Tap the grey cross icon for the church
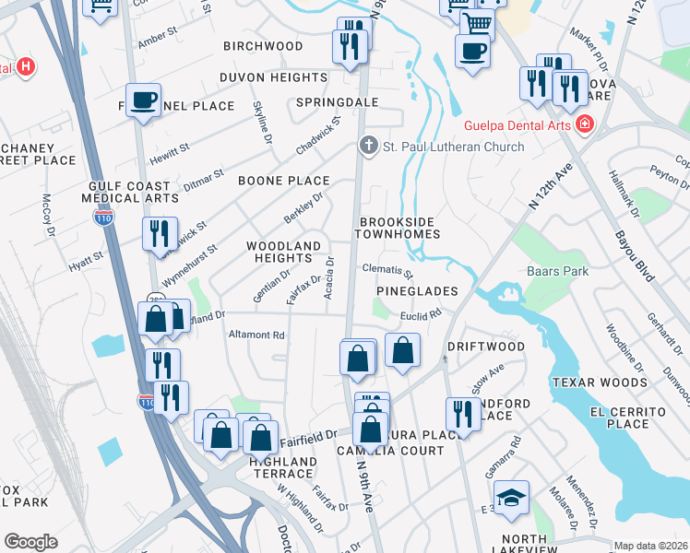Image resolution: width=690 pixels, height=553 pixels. click(x=368, y=146)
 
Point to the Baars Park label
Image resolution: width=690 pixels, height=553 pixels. click(x=557, y=272)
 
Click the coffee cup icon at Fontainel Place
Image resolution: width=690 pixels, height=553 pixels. click(x=143, y=100)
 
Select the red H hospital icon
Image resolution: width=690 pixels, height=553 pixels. click(x=26, y=67)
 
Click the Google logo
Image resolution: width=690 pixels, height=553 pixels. click(x=30, y=541)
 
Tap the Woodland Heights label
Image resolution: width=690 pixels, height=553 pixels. click(x=283, y=253)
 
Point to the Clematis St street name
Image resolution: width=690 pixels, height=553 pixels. click(x=387, y=272)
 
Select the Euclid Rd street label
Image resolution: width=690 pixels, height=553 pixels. click(x=422, y=314)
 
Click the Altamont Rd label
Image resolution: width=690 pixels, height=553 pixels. click(x=257, y=335)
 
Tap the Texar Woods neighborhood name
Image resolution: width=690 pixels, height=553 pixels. click(x=599, y=382)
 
